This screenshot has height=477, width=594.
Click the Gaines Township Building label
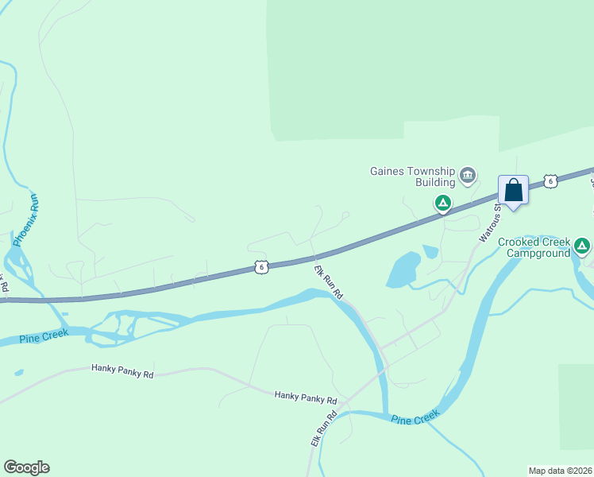[x=412, y=176]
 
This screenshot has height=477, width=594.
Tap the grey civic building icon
[x=468, y=174]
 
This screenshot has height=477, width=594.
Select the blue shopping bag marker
[x=513, y=191]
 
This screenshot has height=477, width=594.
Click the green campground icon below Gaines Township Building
[x=443, y=204]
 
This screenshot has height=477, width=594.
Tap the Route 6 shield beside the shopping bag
[x=550, y=181]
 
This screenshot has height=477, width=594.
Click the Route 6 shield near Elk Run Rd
[x=261, y=267]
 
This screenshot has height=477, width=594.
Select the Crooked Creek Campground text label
[x=534, y=247]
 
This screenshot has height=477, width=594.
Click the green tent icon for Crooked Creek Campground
[x=583, y=245]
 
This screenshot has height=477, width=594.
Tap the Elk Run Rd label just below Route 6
[x=326, y=282]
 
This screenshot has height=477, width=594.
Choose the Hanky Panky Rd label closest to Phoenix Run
[x=122, y=369]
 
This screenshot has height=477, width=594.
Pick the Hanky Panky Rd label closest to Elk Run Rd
[x=306, y=397]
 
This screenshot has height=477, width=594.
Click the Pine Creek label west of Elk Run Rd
[x=45, y=335]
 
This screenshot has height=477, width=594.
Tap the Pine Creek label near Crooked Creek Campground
[x=415, y=418]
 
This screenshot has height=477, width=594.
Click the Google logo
[x=26, y=467]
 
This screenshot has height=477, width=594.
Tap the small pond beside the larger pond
[x=430, y=252]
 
